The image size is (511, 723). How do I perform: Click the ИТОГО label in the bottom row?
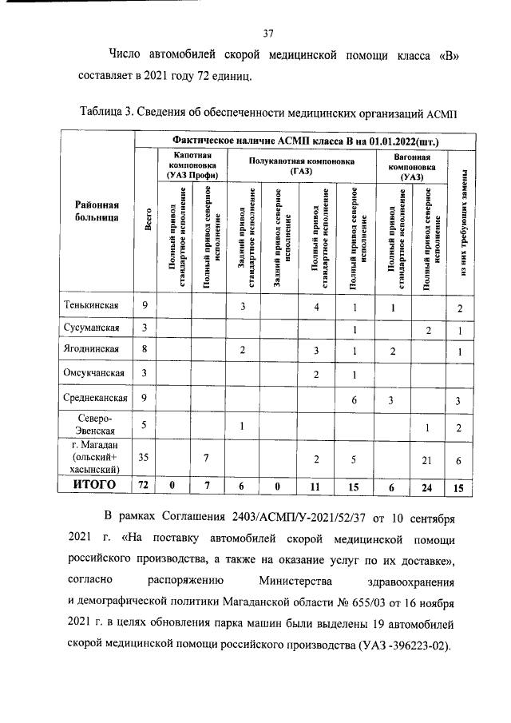(95, 485)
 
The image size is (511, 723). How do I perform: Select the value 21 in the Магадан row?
(428, 459)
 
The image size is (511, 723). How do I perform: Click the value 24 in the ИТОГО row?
(428, 486)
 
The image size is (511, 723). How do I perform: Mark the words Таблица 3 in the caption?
(109, 110)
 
